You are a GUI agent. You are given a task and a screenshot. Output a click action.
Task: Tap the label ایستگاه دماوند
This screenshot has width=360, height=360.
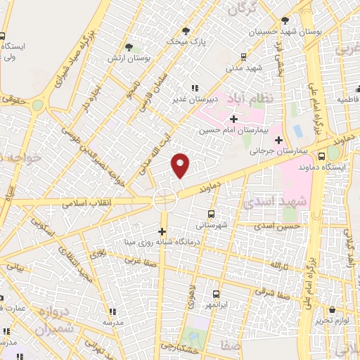[330, 167]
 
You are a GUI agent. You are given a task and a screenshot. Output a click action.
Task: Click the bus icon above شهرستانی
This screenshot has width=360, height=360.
[212, 212]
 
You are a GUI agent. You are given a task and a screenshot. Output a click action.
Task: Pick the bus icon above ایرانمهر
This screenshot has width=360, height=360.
[216, 295]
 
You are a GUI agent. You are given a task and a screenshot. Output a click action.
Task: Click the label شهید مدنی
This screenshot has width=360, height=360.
[244, 68]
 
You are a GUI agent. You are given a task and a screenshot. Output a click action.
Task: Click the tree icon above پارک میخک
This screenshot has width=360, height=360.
[186, 30]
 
